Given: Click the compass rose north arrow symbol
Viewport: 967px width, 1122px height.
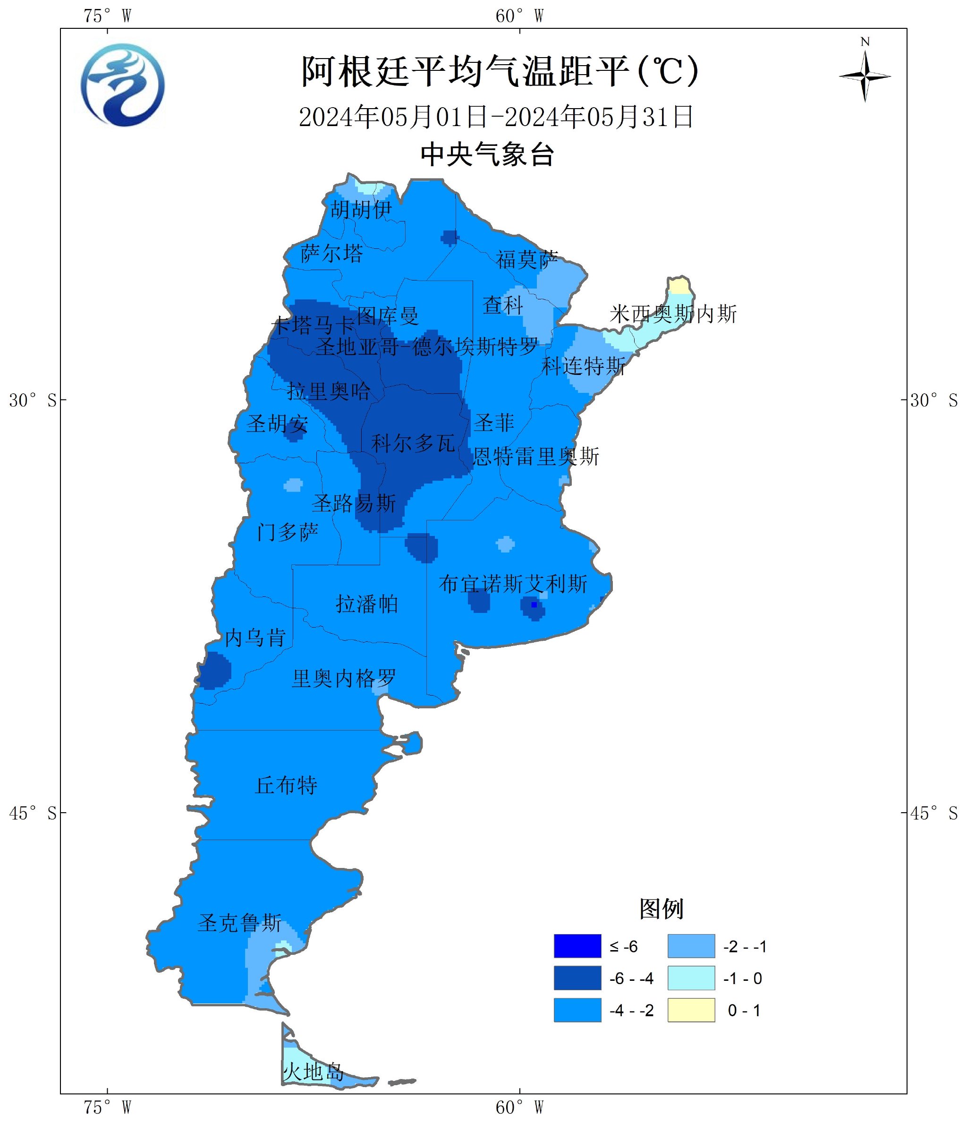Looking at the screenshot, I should point(865,76).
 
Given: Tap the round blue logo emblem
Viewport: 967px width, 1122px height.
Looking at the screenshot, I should point(123,85).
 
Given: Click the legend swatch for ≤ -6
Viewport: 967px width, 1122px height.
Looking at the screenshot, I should point(577,946).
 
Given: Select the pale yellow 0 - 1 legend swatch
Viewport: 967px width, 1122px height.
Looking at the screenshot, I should point(691,1010).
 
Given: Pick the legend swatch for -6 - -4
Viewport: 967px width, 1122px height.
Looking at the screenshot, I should point(577,978).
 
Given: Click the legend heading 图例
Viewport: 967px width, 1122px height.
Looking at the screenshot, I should point(661,909).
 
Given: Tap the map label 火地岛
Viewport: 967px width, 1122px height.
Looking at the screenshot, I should point(314,1071).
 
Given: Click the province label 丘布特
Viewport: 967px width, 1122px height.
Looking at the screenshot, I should point(286,785).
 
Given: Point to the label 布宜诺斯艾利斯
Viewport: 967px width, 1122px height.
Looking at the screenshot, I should point(513,584).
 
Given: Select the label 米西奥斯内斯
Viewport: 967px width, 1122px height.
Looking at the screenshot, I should point(673,314).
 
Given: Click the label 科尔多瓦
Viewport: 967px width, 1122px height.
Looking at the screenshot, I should point(413,443).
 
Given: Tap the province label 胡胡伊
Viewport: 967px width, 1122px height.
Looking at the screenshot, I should point(361,209).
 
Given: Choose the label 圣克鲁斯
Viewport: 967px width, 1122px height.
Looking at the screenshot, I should point(240,923).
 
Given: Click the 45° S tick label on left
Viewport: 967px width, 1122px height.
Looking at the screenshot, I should point(33,813).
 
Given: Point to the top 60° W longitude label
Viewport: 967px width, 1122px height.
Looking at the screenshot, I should point(519,16).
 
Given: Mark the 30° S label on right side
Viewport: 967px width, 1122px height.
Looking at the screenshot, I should point(933,400).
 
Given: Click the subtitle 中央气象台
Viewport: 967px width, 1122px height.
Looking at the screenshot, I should point(487,155).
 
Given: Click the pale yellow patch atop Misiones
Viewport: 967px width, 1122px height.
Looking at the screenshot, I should point(679,285).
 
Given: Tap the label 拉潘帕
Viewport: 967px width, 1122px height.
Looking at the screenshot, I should point(366,603).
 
